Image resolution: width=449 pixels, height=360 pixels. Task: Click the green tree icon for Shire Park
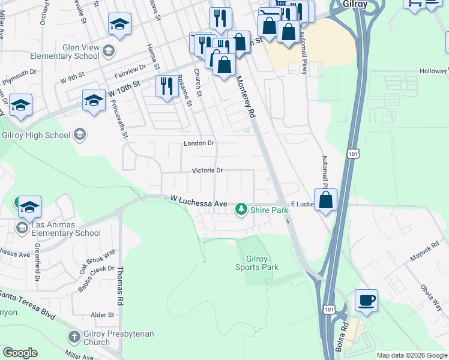pyautogui.click(x=241, y=209)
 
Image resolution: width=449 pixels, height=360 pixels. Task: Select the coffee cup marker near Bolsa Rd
pyautogui.click(x=366, y=301)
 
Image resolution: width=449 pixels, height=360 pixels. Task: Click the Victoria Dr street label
pyautogui.click(x=207, y=170)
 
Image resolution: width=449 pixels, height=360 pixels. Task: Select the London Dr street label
pyautogui.click(x=199, y=143)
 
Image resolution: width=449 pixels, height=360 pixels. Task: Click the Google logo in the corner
pyautogui.click(x=20, y=353)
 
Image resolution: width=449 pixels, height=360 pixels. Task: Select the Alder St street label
pyautogui.click(x=102, y=315)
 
